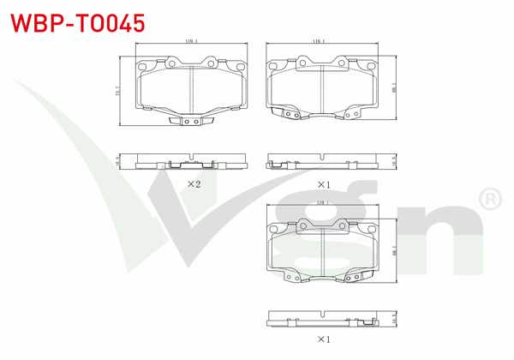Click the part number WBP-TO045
[76, 21]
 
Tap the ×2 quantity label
[194, 183]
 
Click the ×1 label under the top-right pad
[323, 183]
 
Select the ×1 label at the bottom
[323, 339]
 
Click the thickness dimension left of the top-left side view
[117, 160]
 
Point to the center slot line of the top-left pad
[190, 89]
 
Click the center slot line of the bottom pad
[322, 253]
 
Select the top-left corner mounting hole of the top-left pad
[143, 63]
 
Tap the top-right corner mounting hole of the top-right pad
[369, 63]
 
